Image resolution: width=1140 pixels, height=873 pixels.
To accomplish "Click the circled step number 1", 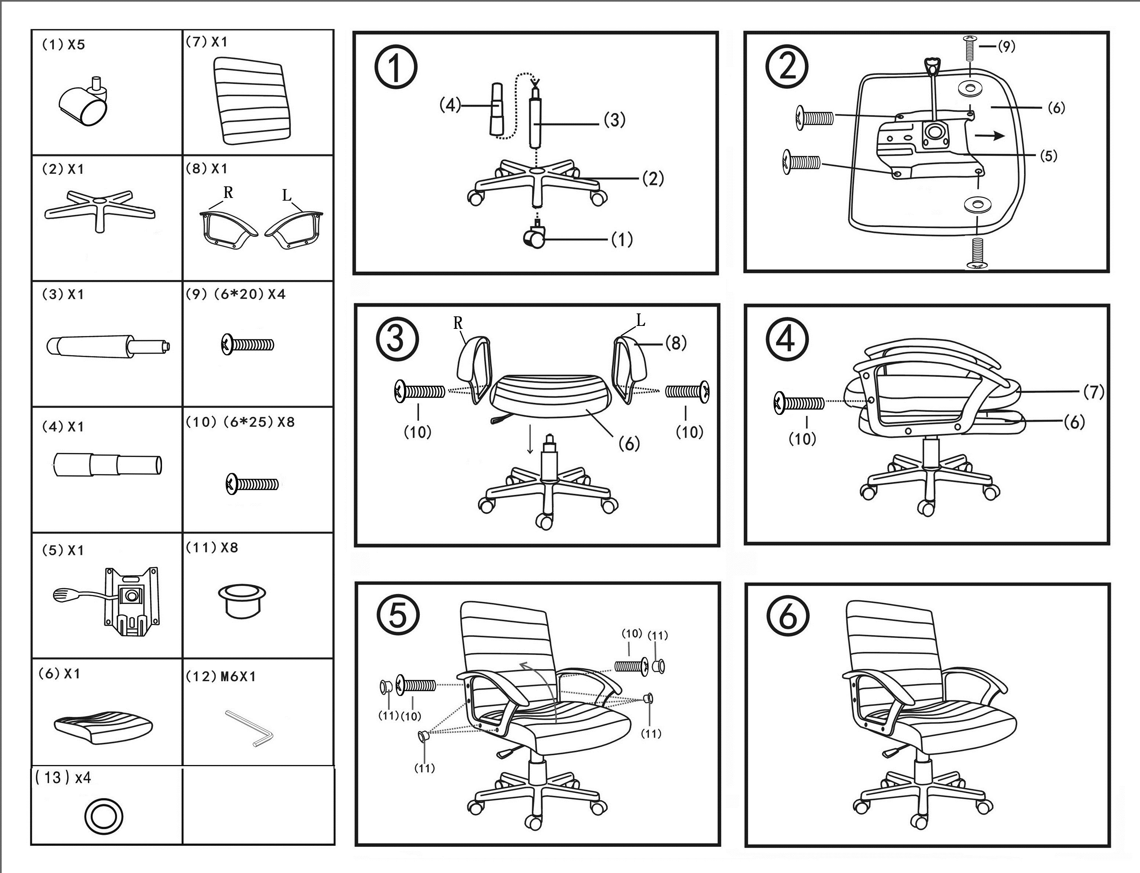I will tap(396, 68).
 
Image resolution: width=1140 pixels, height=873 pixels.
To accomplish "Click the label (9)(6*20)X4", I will tap(236, 294).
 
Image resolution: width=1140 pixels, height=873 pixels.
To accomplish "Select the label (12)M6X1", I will tap(221, 676).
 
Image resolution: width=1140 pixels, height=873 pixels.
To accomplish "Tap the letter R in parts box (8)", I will tap(228, 193).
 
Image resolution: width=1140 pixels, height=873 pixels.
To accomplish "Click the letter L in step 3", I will tap(641, 321).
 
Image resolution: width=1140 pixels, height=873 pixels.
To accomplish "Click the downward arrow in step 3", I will tap(530, 439).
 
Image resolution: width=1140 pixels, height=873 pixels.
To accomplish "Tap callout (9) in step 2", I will tap(1007, 46).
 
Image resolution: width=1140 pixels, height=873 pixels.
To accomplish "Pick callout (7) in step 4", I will tap(1094, 391).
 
